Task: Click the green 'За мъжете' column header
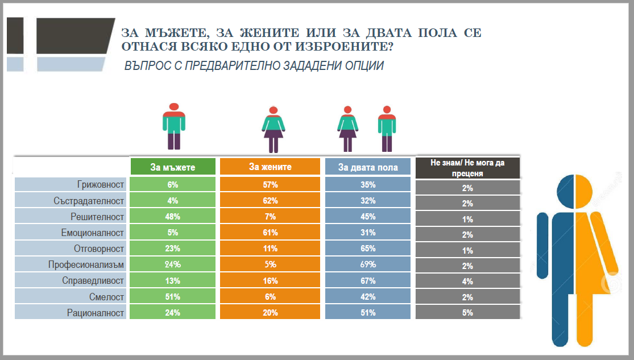coord(173,167)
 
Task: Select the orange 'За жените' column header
coord(270,167)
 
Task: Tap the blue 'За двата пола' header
coord(367,167)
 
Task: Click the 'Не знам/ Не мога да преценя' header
coord(468,168)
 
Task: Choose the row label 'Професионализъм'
coord(91,264)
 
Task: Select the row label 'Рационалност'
coord(96,312)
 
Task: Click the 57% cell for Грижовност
coord(270,185)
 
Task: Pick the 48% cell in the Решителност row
coord(173,217)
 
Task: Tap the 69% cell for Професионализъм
coord(368,264)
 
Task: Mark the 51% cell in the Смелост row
coord(173,296)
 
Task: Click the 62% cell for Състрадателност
coord(270,201)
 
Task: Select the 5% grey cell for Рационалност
coord(468,312)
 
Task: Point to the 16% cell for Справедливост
coord(270,280)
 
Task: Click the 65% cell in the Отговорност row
coord(368,249)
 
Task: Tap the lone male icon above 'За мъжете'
coord(174,126)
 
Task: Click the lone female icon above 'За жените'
coord(273,129)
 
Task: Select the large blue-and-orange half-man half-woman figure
coord(575,259)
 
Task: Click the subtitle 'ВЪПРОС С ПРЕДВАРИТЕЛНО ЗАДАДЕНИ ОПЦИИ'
coord(254,66)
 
